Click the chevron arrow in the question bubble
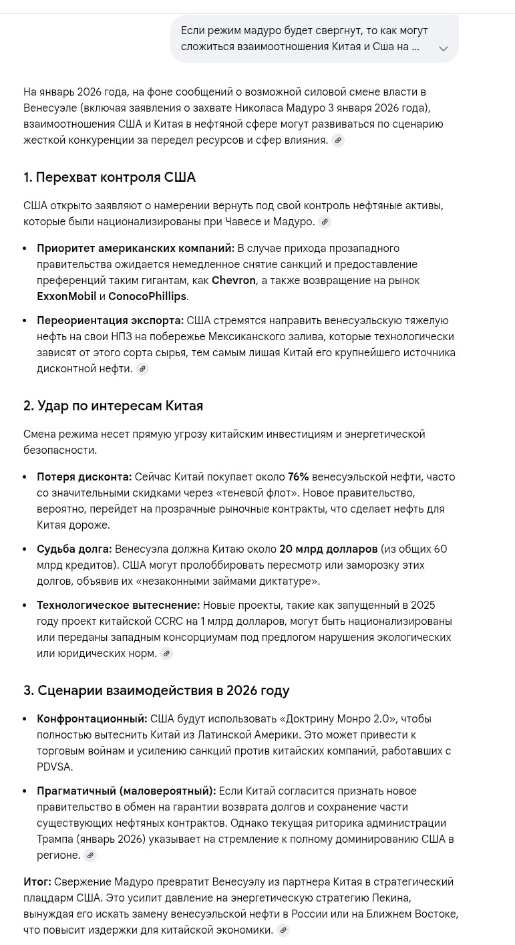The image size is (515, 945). click(x=443, y=49)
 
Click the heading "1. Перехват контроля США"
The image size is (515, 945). click(x=110, y=177)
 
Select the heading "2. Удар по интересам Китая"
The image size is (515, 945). click(x=113, y=406)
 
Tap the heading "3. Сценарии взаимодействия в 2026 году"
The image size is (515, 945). click(x=156, y=690)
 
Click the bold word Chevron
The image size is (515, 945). click(x=233, y=281)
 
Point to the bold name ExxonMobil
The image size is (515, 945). click(x=67, y=297)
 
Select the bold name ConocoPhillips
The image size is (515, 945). click(x=147, y=297)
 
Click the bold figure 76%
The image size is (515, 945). click(x=298, y=477)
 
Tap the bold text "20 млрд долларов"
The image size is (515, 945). click(x=328, y=549)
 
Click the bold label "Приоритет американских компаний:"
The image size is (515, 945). click(x=136, y=249)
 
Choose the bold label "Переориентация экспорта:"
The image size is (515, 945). click(x=110, y=321)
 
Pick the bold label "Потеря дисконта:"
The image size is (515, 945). click(x=84, y=477)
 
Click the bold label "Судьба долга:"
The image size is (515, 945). click(x=74, y=549)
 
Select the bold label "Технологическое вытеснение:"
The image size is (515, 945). click(x=118, y=605)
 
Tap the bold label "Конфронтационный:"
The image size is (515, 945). click(x=92, y=719)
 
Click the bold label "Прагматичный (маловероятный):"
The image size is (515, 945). click(x=126, y=791)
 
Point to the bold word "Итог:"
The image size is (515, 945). click(x=37, y=882)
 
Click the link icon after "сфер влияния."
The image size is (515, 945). click(x=338, y=140)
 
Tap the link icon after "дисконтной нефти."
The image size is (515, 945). click(x=142, y=369)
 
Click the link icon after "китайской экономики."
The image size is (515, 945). click(x=283, y=930)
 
